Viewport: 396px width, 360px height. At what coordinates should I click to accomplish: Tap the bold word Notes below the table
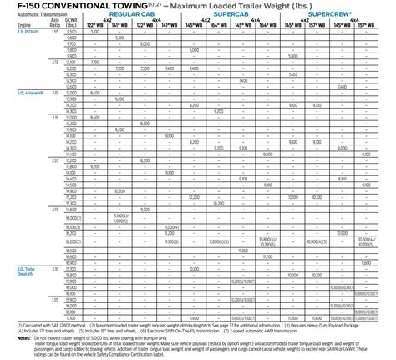[10, 337]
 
